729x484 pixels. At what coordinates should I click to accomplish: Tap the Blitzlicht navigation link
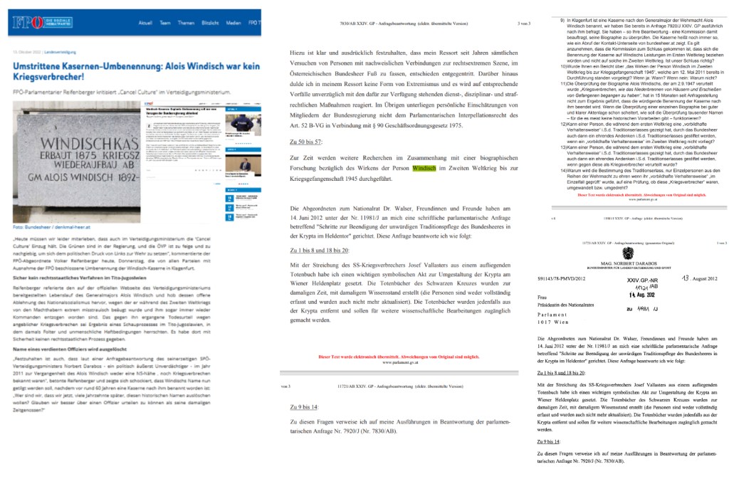(x=210, y=23)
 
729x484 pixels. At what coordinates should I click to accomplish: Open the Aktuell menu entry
(x=146, y=23)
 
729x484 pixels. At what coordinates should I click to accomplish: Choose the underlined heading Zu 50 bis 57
(x=306, y=142)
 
